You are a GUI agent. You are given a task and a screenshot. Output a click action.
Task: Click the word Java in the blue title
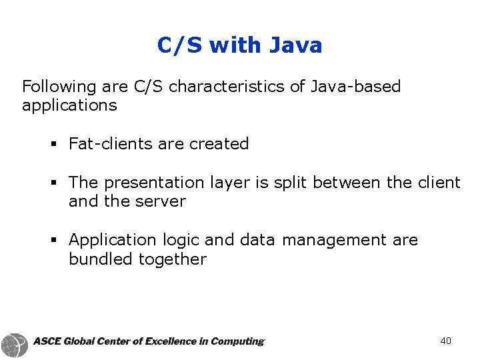(295, 45)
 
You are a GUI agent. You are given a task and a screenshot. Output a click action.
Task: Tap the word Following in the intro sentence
(59, 87)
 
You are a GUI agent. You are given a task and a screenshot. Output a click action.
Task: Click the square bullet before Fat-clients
(53, 145)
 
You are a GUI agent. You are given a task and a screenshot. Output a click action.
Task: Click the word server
(160, 201)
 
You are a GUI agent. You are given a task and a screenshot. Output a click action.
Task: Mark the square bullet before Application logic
(53, 240)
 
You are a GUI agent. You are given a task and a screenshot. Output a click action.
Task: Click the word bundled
(101, 259)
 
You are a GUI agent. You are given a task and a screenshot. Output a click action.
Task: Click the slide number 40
(446, 341)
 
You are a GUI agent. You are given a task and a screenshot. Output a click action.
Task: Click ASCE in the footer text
(47, 341)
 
